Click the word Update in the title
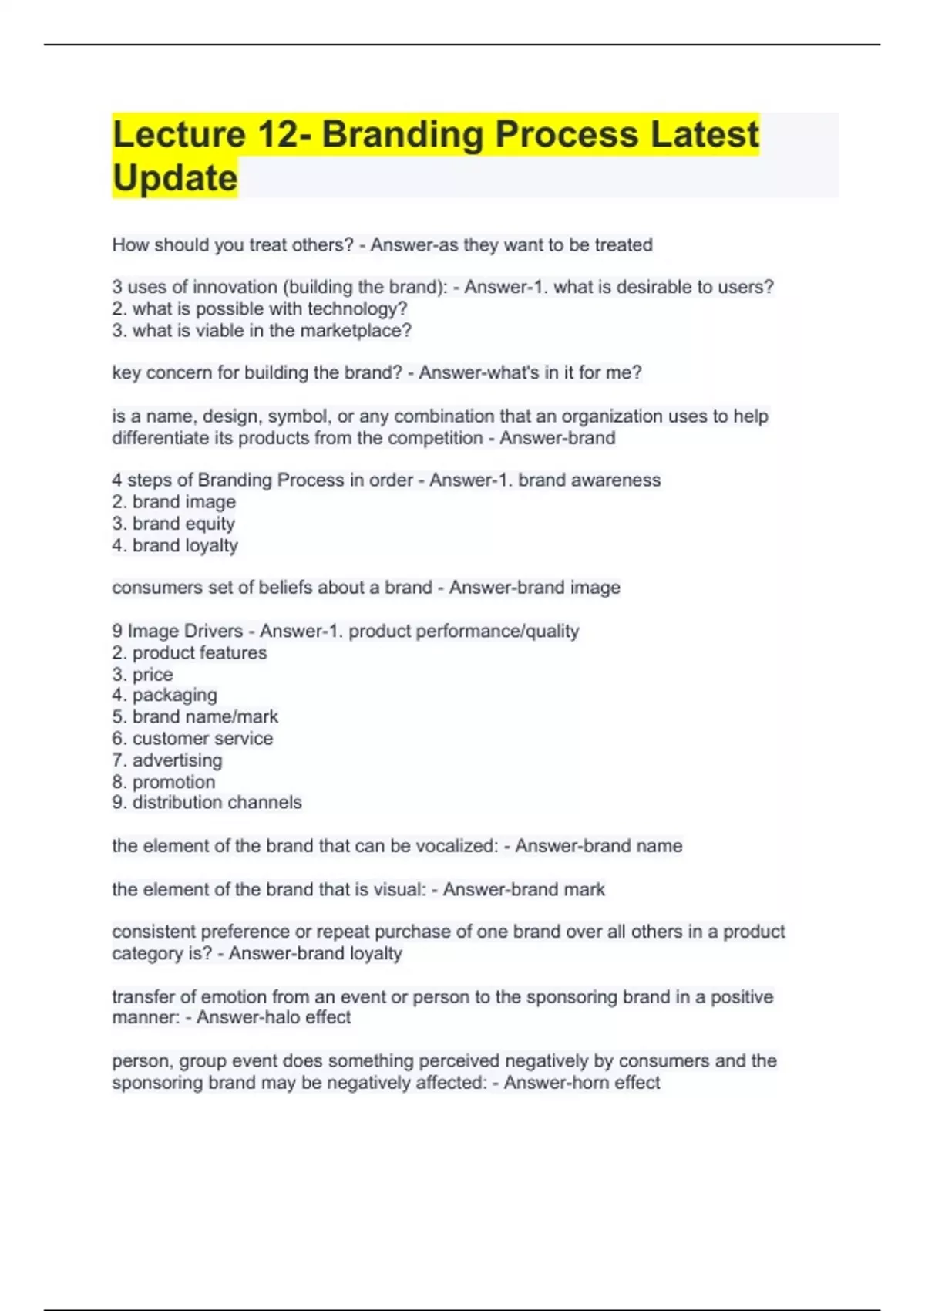(175, 178)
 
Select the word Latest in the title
(705, 134)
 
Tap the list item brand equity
(183, 524)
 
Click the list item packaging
(174, 696)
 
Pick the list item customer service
(202, 739)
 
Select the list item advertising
(177, 760)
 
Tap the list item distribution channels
(217, 803)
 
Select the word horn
(592, 1083)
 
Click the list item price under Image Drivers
(152, 675)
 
